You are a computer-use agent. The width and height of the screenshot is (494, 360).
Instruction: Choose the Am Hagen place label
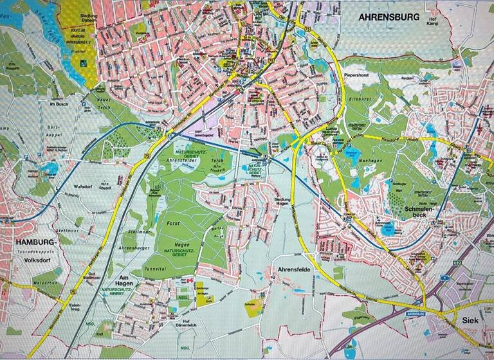[123, 279]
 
